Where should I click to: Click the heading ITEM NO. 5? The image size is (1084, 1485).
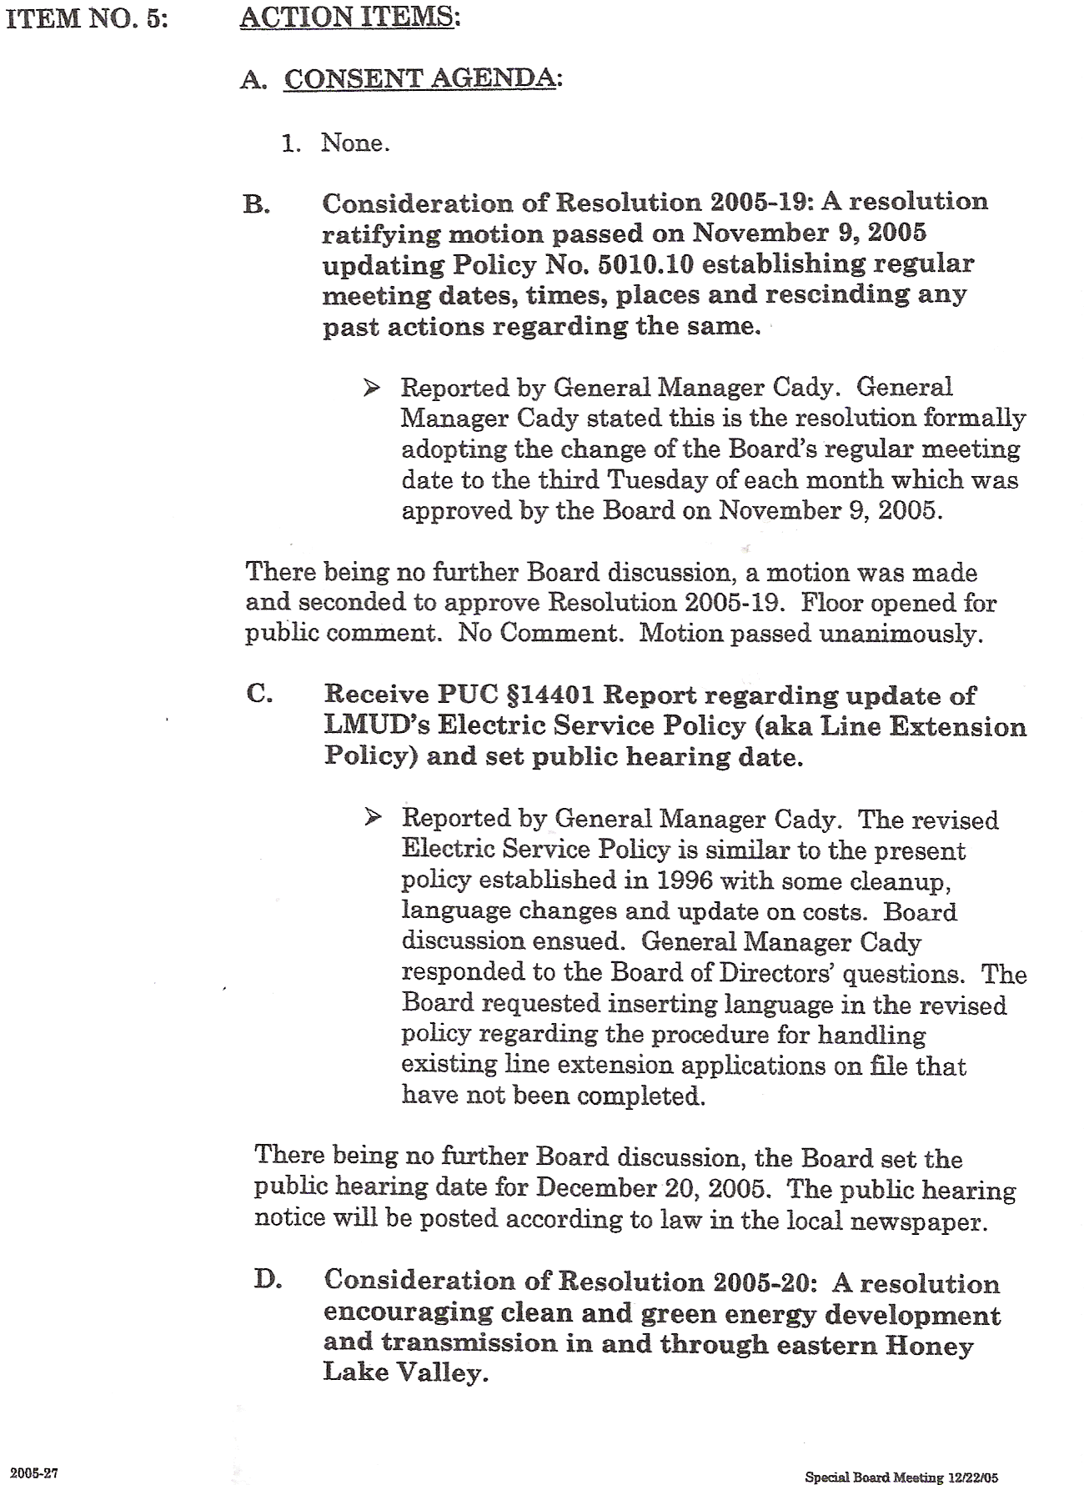tap(87, 18)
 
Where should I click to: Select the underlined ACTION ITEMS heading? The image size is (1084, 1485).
tap(349, 18)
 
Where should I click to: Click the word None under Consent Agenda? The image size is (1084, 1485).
tap(354, 143)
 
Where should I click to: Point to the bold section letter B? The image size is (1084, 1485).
tap(255, 205)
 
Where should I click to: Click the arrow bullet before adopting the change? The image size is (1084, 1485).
tap(372, 388)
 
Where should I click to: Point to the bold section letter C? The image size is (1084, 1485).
tap(258, 694)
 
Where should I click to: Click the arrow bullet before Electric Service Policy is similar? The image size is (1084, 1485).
tap(373, 817)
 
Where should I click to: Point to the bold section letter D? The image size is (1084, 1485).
tap(267, 1280)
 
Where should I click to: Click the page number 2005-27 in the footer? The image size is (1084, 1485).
tap(33, 1450)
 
